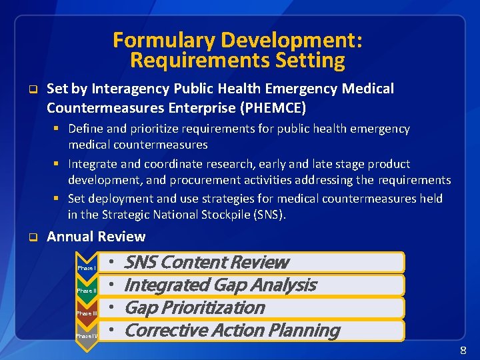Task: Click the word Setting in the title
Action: pos(312,61)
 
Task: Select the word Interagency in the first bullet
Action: pos(129,89)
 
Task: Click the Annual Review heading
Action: pos(96,237)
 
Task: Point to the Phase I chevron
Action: pos(87,267)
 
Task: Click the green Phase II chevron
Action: pos(87,290)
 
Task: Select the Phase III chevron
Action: pos(87,313)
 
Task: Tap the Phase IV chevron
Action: pos(87,335)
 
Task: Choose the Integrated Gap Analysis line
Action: pos(220,285)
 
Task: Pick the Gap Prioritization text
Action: pos(194,307)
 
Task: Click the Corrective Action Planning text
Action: pos(231,330)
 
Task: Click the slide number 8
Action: pos(463,351)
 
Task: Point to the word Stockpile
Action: pos(217,214)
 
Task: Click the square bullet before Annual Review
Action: pos(31,237)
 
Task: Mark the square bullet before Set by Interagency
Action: pos(31,89)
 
